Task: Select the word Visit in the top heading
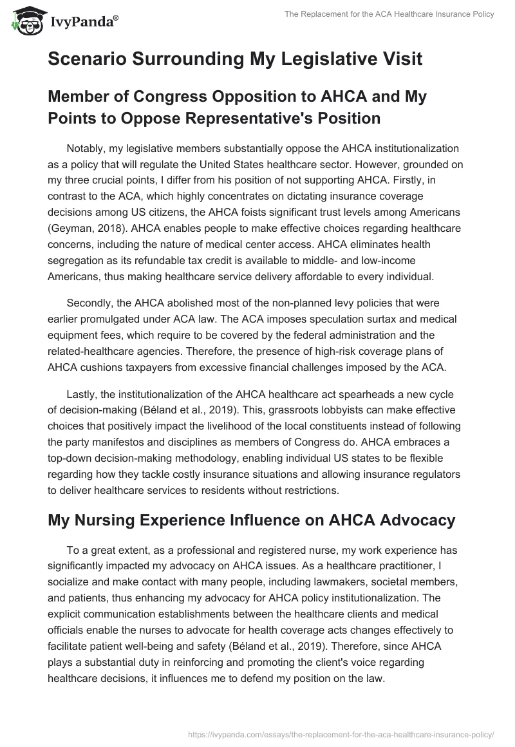400,59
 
